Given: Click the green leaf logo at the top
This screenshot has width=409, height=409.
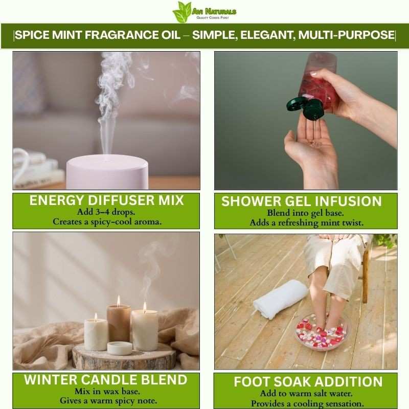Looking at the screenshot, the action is click(182, 12).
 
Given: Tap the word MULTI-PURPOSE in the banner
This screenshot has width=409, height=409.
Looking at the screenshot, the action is click(346, 35).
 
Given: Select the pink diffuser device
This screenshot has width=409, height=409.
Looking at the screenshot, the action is click(107, 172).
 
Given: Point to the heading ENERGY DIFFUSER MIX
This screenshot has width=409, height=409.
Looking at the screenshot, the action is click(106, 200).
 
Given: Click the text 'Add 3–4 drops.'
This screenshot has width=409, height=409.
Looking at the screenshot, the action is click(106, 212).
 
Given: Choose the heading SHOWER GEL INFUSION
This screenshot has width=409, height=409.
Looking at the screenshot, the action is click(302, 201).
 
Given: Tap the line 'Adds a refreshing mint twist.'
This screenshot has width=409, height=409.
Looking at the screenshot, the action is click(306, 223).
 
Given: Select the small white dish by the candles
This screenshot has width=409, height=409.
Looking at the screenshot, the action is click(120, 348).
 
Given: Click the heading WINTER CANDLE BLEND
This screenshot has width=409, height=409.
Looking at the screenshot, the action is click(106, 380).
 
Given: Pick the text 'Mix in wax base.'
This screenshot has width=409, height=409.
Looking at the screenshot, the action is click(107, 391).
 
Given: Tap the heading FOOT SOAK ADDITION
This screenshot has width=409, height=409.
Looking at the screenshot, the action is click(308, 382).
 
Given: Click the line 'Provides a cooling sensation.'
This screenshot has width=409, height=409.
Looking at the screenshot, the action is click(307, 403).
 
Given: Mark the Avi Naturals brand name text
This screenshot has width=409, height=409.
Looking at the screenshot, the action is click(214, 11).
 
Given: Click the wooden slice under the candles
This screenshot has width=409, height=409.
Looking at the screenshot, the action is click(124, 356).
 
